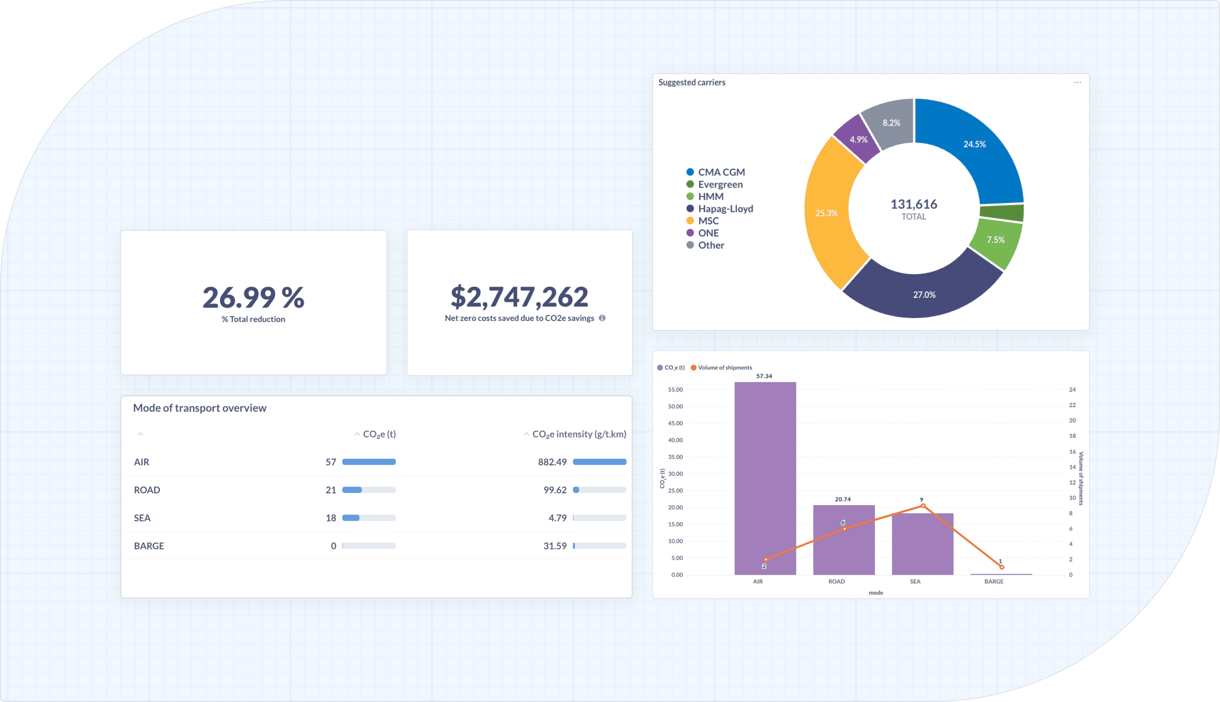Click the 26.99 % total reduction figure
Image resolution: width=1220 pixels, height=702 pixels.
[253, 297]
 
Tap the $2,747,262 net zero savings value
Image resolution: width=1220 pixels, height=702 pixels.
[519, 296]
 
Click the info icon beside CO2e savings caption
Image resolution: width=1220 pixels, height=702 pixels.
[602, 318]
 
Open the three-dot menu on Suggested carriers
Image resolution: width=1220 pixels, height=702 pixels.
[1077, 83]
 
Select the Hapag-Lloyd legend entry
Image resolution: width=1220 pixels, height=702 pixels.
[725, 209]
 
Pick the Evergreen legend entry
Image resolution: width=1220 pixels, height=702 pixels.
[720, 185]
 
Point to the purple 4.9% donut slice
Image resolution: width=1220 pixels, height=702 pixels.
[858, 140]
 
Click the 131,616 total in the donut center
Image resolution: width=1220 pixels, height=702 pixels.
[913, 205]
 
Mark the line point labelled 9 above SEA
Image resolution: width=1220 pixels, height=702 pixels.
[923, 506]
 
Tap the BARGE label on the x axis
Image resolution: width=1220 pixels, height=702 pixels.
[993, 582]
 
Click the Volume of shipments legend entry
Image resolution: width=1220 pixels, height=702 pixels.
[724, 368]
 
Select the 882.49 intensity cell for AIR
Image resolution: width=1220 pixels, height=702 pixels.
[552, 462]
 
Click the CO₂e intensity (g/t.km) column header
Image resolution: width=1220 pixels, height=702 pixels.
[578, 434]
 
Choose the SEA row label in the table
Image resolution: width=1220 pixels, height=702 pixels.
[142, 518]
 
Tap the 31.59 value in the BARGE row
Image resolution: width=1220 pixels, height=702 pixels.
[555, 546]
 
